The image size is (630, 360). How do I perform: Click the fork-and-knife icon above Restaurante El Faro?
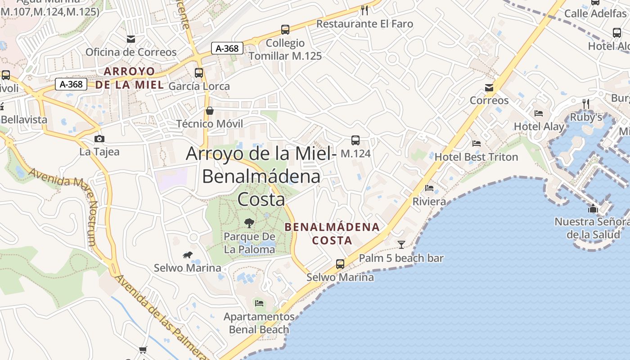click(x=364, y=9)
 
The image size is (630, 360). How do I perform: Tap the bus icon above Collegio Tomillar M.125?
click(x=285, y=30)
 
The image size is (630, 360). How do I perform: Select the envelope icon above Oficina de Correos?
click(x=131, y=39)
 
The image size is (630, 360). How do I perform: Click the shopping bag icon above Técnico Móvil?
click(x=210, y=110)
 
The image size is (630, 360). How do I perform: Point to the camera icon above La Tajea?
click(x=99, y=139)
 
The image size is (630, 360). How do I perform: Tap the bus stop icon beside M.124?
click(x=355, y=140)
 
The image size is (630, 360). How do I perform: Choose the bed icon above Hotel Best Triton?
click(x=477, y=144)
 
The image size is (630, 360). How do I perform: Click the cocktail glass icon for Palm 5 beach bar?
click(x=401, y=244)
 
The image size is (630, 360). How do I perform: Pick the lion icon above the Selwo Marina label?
click(x=188, y=255)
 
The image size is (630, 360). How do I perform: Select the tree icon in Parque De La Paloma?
click(x=249, y=223)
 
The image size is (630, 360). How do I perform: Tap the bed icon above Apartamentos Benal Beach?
click(x=259, y=303)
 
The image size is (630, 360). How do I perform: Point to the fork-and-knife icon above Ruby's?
click(x=585, y=104)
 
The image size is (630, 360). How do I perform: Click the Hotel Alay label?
click(x=539, y=126)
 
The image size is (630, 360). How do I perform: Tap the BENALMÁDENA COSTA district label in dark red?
click(x=332, y=234)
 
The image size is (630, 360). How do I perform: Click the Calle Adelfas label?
click(x=595, y=13)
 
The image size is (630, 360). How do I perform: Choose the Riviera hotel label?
click(x=429, y=201)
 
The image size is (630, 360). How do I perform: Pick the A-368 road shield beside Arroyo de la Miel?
click(x=71, y=84)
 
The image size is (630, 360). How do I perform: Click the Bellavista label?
click(x=24, y=120)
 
